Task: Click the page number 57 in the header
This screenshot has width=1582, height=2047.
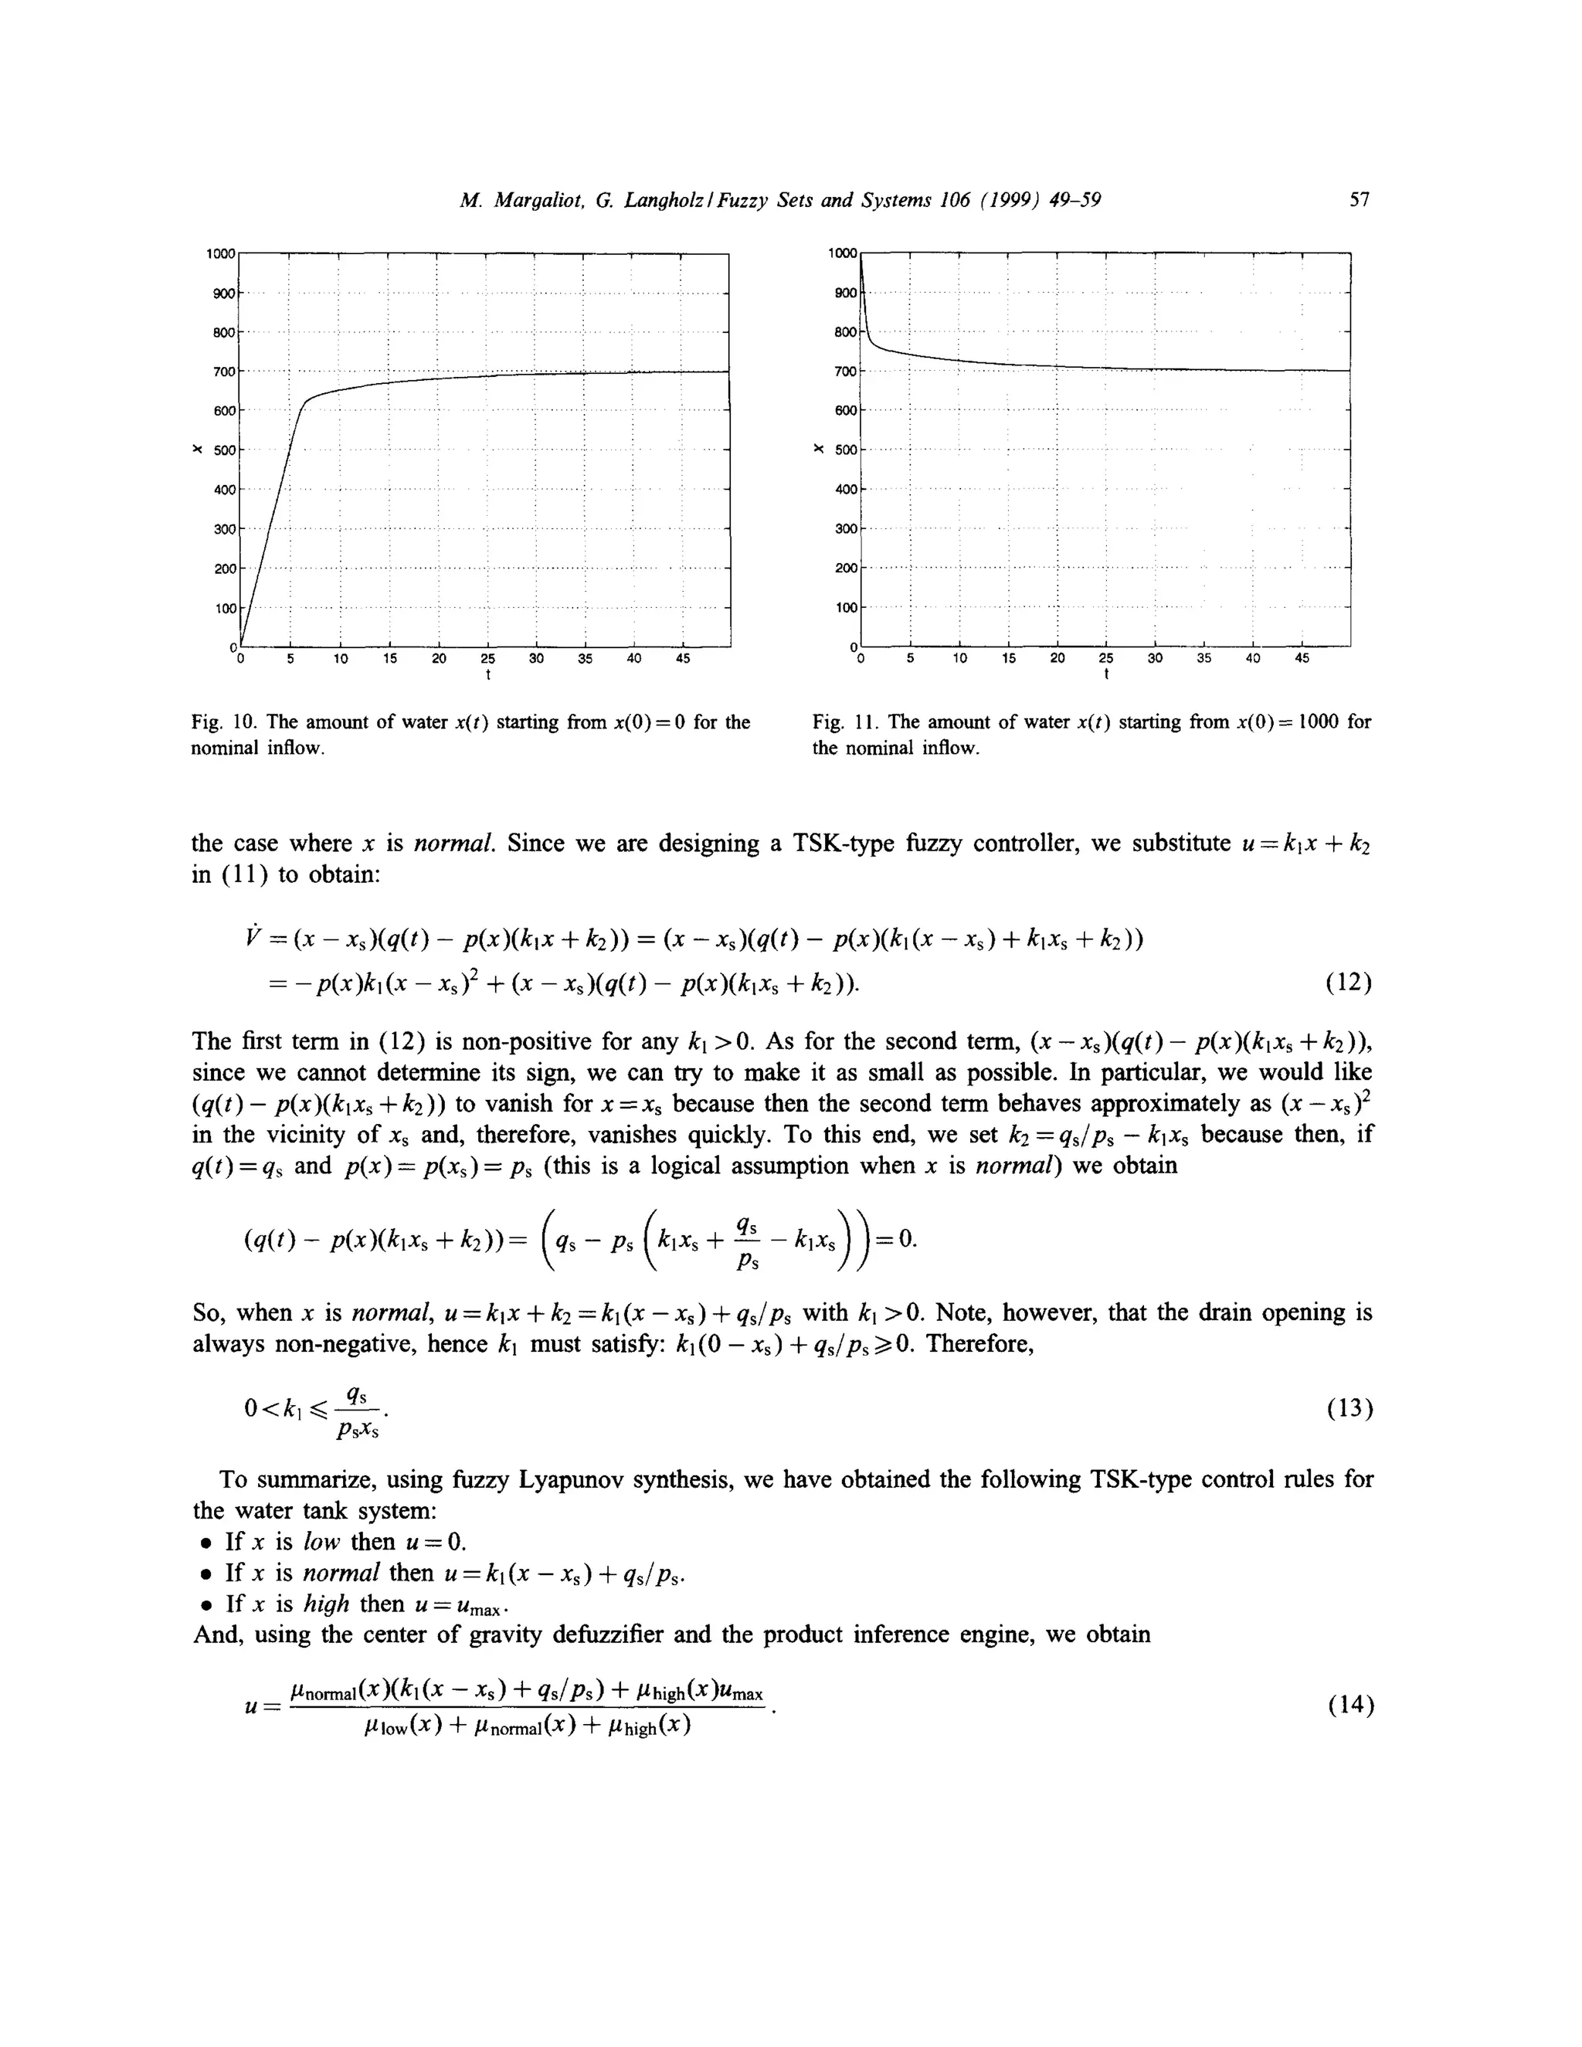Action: point(1359,199)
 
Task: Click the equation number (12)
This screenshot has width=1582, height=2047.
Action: point(1349,983)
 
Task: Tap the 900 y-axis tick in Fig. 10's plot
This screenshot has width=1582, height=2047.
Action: point(223,294)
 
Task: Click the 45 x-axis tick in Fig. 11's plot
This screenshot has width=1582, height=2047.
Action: point(1302,659)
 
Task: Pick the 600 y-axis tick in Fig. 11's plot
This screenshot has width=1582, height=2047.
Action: point(845,410)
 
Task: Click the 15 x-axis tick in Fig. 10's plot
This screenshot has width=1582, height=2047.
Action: point(390,659)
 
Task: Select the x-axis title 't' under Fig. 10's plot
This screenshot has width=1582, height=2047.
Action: point(487,675)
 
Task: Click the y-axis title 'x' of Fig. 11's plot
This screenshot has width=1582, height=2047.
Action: point(818,449)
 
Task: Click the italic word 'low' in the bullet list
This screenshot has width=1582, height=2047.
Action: point(321,1542)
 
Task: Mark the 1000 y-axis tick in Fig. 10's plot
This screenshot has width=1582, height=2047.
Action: point(220,254)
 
